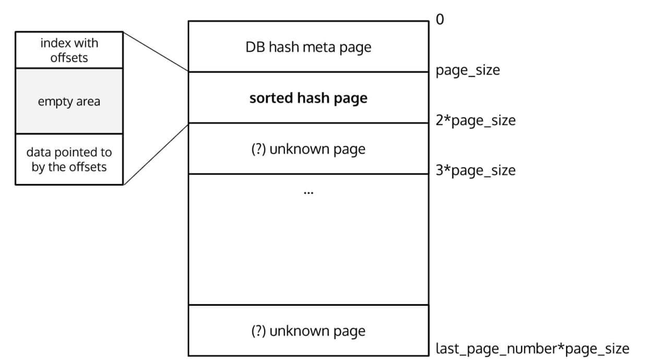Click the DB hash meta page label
click(308, 47)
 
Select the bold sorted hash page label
click(308, 98)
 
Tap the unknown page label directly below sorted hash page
click(308, 149)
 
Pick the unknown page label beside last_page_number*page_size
click(308, 331)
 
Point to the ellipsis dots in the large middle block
click(308, 193)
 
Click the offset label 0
click(439, 20)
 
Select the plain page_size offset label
click(468, 70)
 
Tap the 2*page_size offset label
click(475, 121)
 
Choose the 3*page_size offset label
click(475, 171)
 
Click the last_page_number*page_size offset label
click(532, 348)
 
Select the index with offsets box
click(69, 50)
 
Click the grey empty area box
click(69, 101)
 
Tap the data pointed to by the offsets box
click(69, 160)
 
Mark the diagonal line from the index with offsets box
click(155, 52)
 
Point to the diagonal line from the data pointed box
click(155, 154)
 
